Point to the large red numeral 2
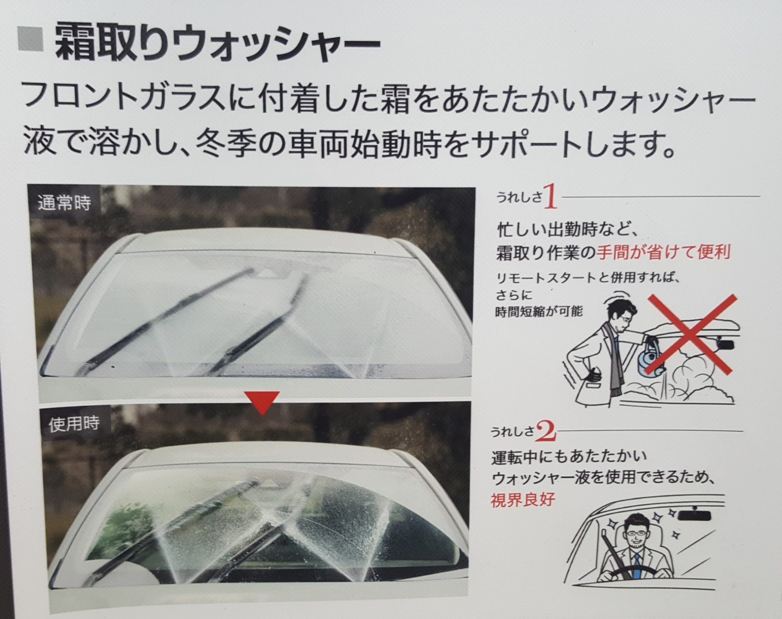coord(546,431)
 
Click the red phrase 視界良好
coord(522,499)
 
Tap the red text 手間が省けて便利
coord(664,252)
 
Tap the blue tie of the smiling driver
coord(635,565)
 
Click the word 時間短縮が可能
coord(539,312)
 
